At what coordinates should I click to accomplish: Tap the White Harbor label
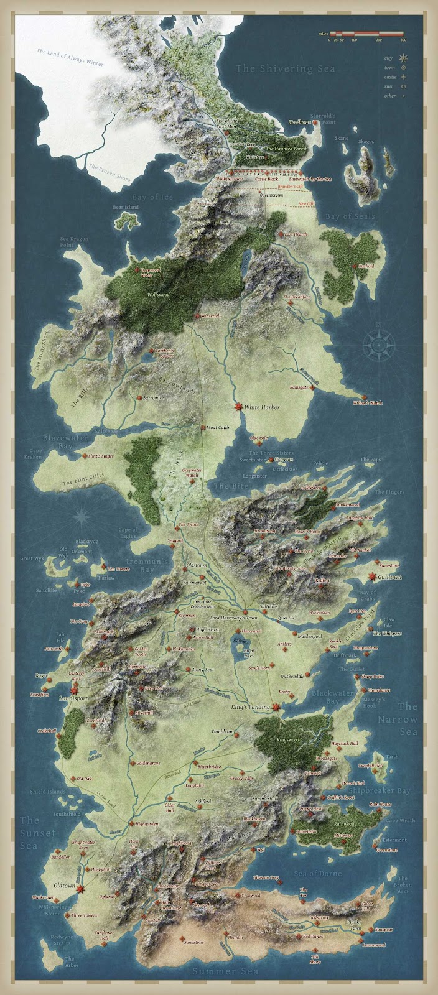coord(262,408)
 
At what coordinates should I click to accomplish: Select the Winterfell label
coord(210,316)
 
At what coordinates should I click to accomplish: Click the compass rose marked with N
coord(379,341)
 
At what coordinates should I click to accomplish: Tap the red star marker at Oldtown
coord(80,890)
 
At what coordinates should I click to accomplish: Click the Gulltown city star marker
coord(373,577)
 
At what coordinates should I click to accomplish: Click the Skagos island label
coord(366,142)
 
